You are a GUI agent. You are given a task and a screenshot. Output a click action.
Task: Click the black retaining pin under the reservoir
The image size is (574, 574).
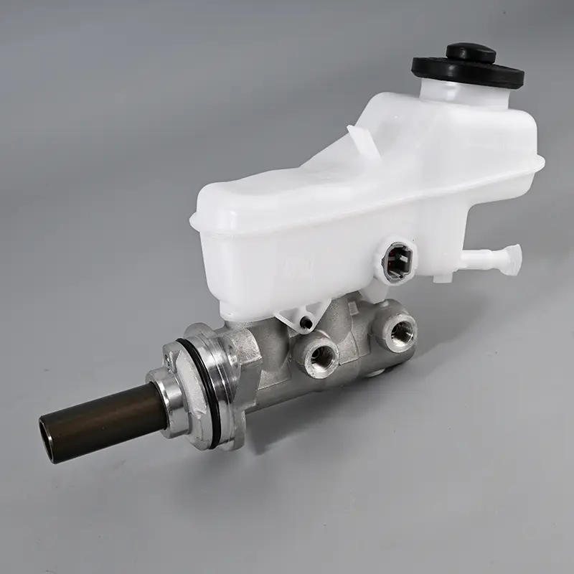click(x=308, y=324)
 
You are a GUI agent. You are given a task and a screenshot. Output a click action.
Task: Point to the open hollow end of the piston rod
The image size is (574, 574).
click(x=48, y=437)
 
